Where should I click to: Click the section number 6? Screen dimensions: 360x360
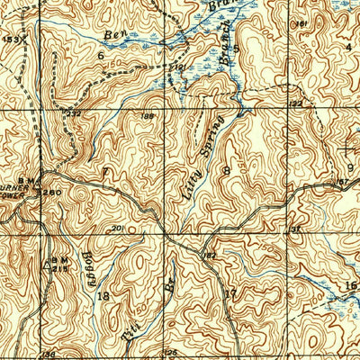[102, 55]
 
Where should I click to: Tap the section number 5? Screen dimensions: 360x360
[237, 49]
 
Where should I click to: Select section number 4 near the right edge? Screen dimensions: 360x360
[349, 45]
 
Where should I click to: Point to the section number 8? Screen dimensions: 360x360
[229, 170]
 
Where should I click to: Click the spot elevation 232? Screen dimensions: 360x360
[74, 113]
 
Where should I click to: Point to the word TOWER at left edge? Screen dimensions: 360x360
[12, 192]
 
